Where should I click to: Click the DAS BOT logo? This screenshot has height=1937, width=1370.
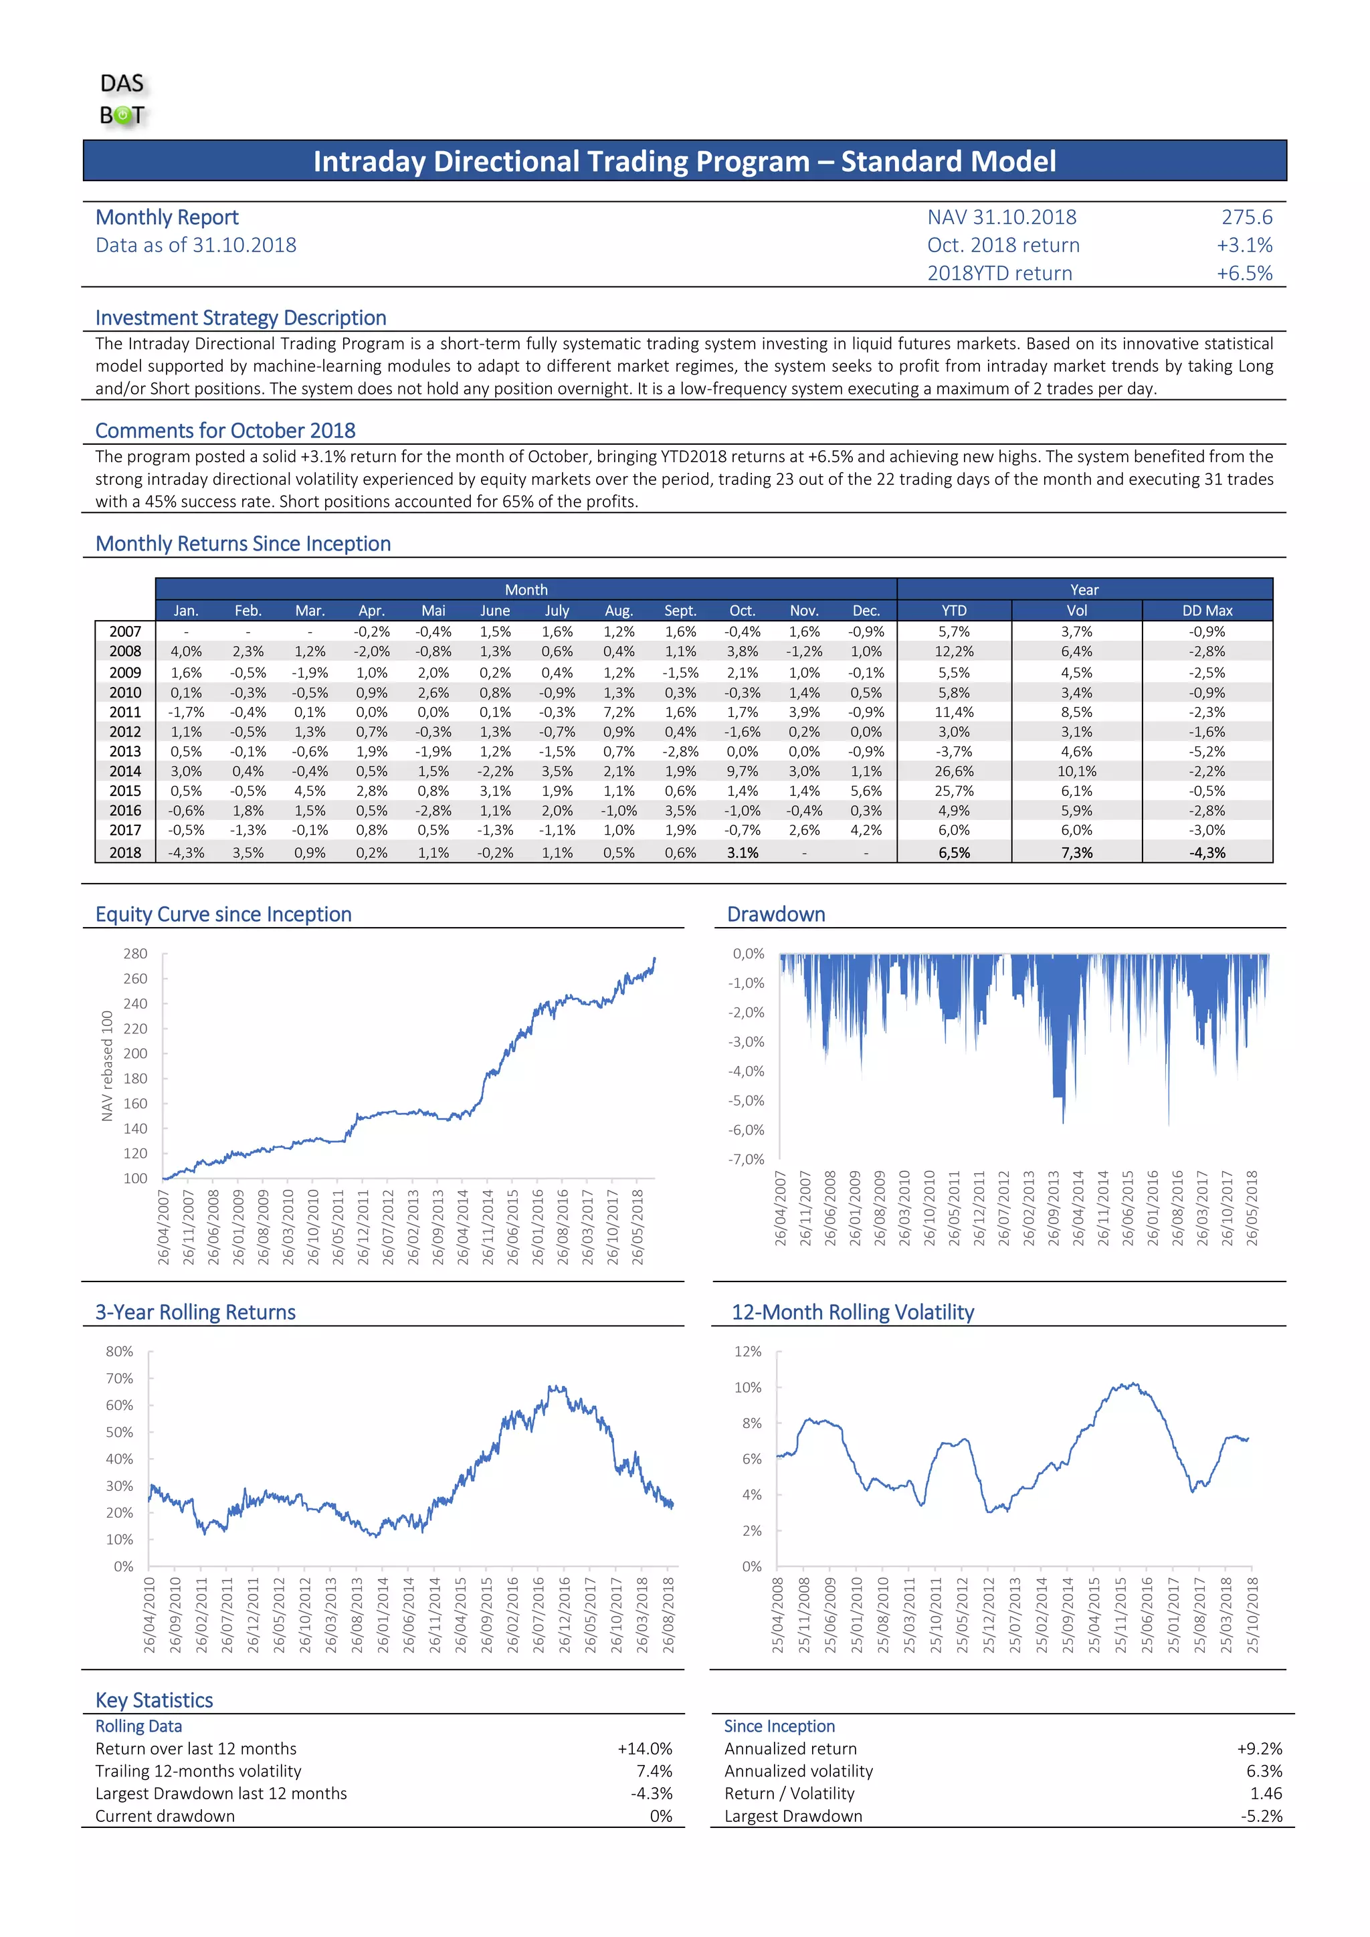(122, 100)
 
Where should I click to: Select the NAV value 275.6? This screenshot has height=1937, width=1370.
(1246, 217)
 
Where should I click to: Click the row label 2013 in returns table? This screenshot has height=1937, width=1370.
(125, 752)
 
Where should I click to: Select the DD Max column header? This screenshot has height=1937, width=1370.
(1206, 610)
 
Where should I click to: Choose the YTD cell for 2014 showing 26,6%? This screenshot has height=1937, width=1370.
(953, 771)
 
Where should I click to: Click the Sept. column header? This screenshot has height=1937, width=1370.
(680, 610)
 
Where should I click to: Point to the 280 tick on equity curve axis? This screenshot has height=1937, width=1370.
(135, 953)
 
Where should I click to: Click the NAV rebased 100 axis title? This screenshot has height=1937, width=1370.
(107, 1065)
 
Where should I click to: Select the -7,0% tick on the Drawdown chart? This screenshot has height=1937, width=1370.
(746, 1159)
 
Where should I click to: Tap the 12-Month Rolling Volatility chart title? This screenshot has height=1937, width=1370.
(852, 1312)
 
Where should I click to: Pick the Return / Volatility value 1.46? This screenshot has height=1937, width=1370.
(1266, 1794)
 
